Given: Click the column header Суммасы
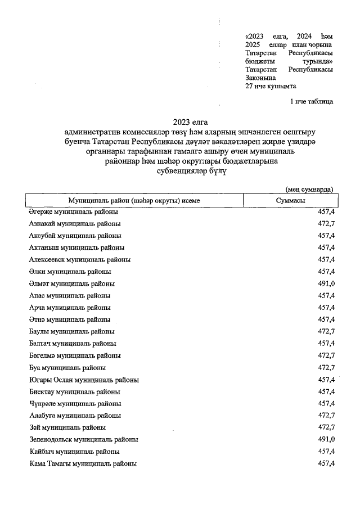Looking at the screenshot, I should point(291,201).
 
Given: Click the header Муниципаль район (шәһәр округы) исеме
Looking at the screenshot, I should point(134,201).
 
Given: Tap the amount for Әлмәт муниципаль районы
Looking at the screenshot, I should point(326,283).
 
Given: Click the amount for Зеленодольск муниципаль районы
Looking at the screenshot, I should point(326,439).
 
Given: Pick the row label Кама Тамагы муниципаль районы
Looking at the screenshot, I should point(83,463).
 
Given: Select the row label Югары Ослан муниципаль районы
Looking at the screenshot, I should point(84,380).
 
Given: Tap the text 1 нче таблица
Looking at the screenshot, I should point(311,102).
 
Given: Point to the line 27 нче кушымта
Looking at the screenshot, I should point(271,86).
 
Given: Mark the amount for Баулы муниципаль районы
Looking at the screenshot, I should point(326,331).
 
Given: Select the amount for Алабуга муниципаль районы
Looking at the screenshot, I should point(326,416).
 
